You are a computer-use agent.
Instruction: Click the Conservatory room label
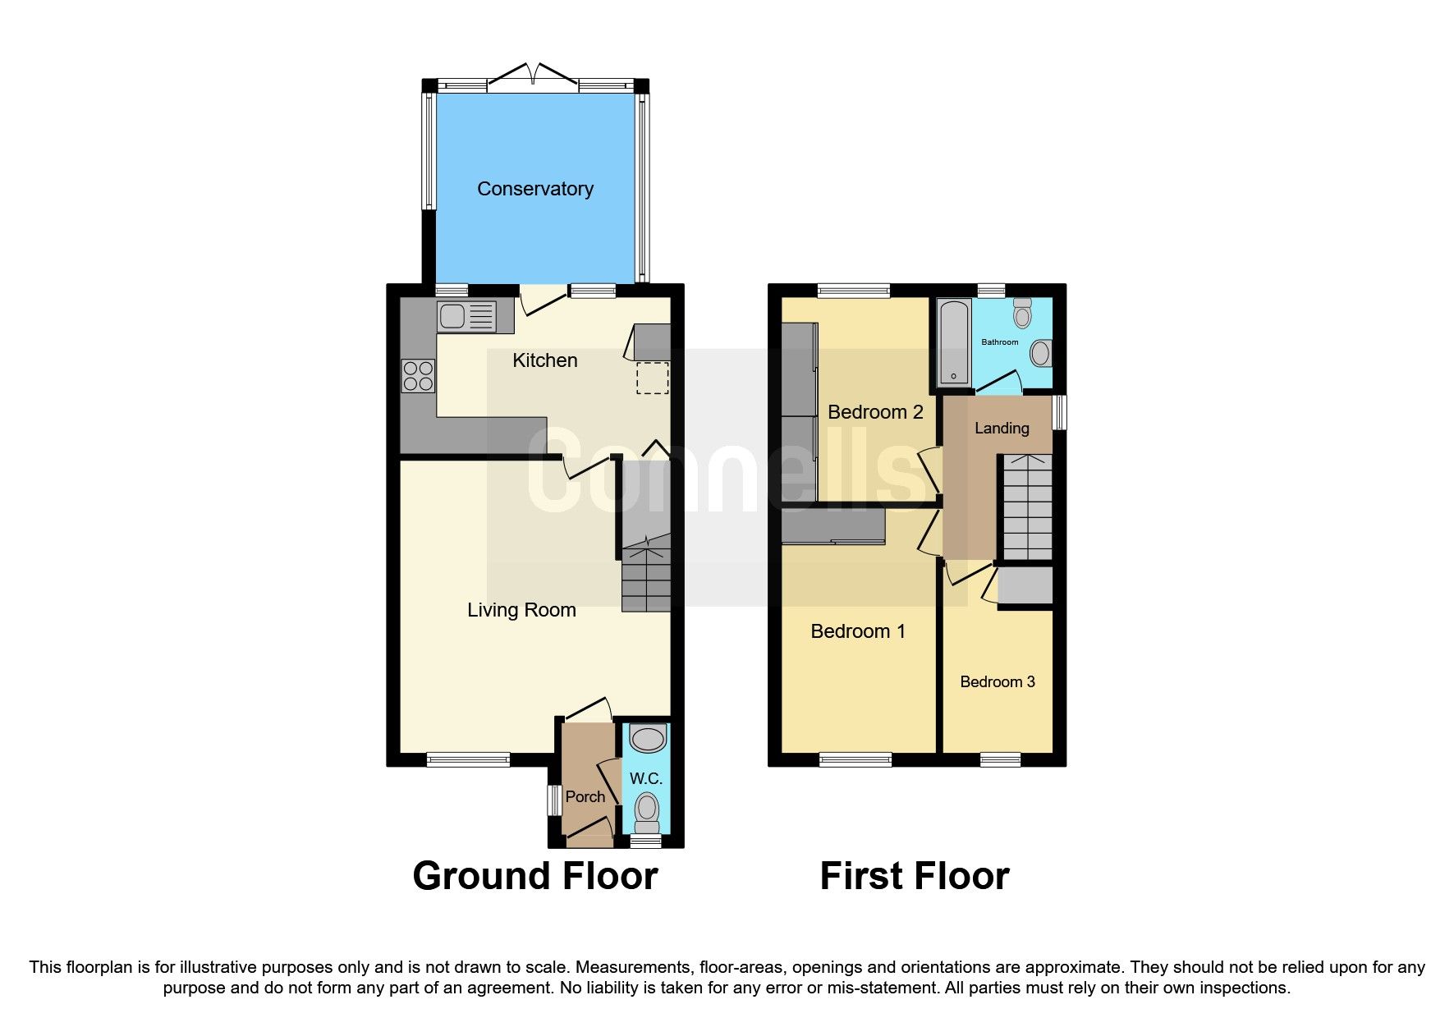tap(535, 189)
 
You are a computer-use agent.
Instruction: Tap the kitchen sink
tap(466, 316)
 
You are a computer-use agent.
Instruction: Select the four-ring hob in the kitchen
tap(418, 377)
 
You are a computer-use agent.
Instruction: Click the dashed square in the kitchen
tap(652, 378)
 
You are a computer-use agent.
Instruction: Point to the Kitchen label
tap(544, 360)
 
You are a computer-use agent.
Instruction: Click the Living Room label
tap(521, 610)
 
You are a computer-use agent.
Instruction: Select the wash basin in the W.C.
tap(647, 738)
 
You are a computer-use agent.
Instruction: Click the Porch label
tap(585, 796)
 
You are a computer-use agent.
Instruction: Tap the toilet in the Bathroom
tap(1022, 314)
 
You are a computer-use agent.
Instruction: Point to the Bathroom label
tap(999, 342)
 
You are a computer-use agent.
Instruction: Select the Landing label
tap(1001, 428)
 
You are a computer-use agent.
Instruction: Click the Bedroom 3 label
tap(997, 681)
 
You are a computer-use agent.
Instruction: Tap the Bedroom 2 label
tap(874, 412)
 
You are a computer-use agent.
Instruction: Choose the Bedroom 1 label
tap(857, 631)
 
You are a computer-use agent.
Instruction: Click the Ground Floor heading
tap(534, 876)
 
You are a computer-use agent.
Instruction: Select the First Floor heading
tap(914, 876)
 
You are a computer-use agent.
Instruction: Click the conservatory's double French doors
tap(534, 76)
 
